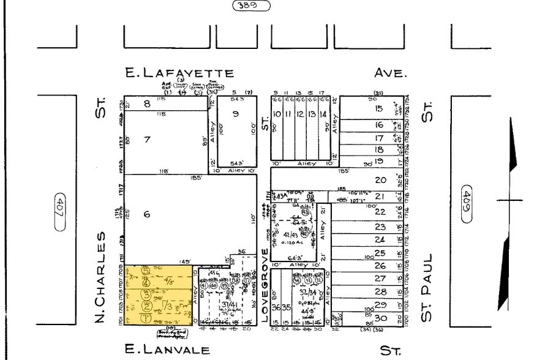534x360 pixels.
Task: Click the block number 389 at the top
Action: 251,6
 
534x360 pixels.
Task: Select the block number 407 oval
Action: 59,212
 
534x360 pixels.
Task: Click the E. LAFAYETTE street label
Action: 179,73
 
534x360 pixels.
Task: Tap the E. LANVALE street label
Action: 167,350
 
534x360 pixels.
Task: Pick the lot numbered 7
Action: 147,140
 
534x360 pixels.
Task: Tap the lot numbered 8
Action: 147,104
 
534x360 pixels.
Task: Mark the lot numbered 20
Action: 380,180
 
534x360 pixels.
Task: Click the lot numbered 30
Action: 380,317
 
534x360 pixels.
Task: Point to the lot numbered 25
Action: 380,253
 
